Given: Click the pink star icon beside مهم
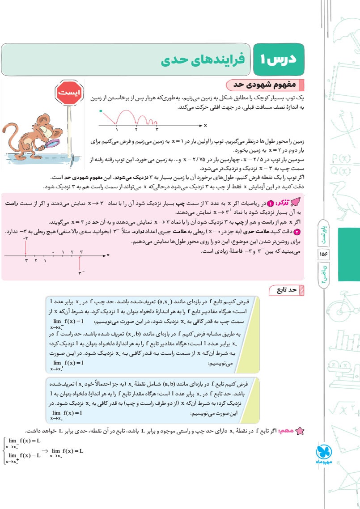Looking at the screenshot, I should (x=301, y=430).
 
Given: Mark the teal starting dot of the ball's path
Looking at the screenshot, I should (x=101, y=110).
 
